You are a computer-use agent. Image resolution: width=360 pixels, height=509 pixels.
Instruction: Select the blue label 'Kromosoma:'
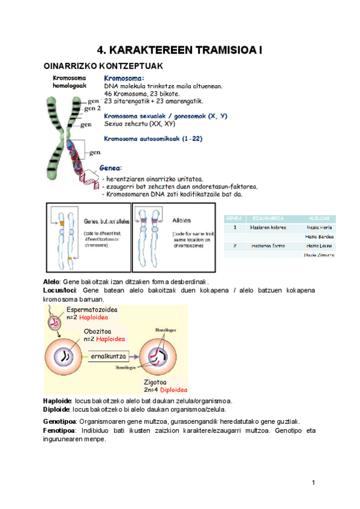124,78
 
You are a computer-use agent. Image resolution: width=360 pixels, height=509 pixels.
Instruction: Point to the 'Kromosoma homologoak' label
70,82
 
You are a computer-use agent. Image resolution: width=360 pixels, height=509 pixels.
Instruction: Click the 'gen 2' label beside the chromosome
92,109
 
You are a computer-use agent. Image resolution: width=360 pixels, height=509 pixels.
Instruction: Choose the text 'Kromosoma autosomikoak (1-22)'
153,139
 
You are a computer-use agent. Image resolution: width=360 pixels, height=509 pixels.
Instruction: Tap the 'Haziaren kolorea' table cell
268,227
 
